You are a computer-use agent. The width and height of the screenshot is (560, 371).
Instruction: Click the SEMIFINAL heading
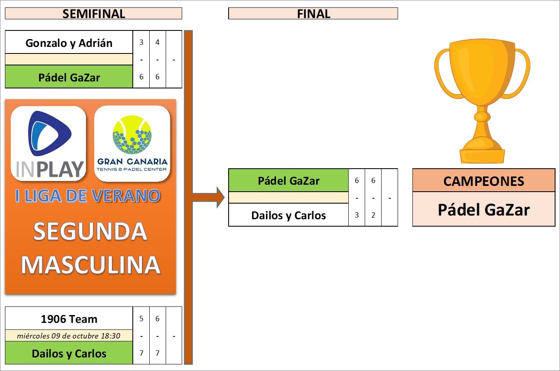click(94, 14)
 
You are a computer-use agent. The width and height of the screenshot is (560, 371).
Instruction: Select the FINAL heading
click(313, 14)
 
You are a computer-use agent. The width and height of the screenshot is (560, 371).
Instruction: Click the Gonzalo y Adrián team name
click(69, 43)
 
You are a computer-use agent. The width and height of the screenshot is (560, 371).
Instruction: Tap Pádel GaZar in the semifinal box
click(69, 77)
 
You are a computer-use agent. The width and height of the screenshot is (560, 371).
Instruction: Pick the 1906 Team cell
click(69, 319)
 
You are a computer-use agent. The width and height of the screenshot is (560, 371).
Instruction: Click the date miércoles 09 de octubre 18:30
click(69, 336)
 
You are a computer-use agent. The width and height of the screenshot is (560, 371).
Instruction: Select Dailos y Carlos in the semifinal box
click(69, 353)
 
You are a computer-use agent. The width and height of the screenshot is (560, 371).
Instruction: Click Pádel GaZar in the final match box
click(289, 181)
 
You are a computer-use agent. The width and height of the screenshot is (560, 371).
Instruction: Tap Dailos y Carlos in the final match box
click(289, 215)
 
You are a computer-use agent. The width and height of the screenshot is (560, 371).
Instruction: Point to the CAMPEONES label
click(484, 181)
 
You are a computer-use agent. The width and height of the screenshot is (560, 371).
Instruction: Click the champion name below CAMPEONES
click(484, 209)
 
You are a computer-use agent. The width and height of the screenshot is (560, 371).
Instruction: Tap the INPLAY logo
click(49, 144)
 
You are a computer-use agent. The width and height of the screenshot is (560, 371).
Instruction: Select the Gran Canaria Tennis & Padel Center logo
click(132, 144)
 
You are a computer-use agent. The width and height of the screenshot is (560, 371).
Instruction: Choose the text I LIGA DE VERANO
click(88, 196)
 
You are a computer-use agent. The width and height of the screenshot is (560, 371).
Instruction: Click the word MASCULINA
click(90, 265)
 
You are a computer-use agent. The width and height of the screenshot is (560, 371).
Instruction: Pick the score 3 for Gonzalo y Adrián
click(141, 42)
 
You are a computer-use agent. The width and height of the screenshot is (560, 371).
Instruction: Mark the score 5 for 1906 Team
click(141, 319)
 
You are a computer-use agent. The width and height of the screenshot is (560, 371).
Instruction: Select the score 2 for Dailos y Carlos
click(373, 215)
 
